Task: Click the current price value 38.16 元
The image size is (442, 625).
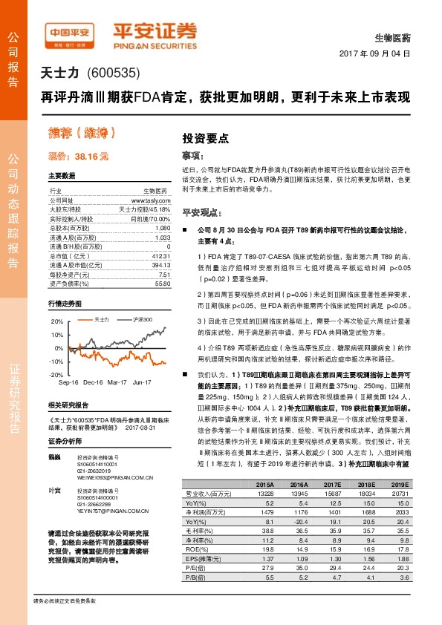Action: point(89,157)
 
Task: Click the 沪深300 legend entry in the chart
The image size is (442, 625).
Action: point(142,319)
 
